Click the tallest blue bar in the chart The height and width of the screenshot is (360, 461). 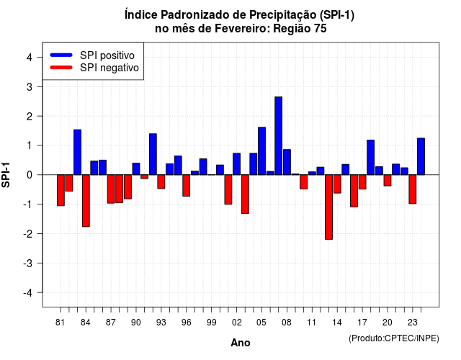(279, 136)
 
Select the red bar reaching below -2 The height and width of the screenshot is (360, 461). (328, 207)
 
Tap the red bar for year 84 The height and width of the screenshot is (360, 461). (86, 201)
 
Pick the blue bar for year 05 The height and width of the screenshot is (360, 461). (261, 151)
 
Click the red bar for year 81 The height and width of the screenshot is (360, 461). (61, 190)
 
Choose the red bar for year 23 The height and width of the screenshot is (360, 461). (413, 189)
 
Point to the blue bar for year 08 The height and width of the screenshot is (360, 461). (287, 162)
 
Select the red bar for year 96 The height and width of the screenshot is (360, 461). (187, 186)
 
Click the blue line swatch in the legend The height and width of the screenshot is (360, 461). (61, 55)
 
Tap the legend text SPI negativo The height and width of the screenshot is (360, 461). (109, 68)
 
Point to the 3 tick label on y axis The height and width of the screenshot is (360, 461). (30, 86)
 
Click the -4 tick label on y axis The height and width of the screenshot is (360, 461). (28, 292)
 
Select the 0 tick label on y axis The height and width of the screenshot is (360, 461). (30, 175)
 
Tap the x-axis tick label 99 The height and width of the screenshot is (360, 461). (211, 323)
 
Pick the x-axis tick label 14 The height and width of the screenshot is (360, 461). (337, 323)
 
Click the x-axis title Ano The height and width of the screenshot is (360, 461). (241, 343)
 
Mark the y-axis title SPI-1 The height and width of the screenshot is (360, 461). (6, 175)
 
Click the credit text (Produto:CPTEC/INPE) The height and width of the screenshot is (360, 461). (394, 338)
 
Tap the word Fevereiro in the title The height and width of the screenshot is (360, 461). (241, 29)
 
